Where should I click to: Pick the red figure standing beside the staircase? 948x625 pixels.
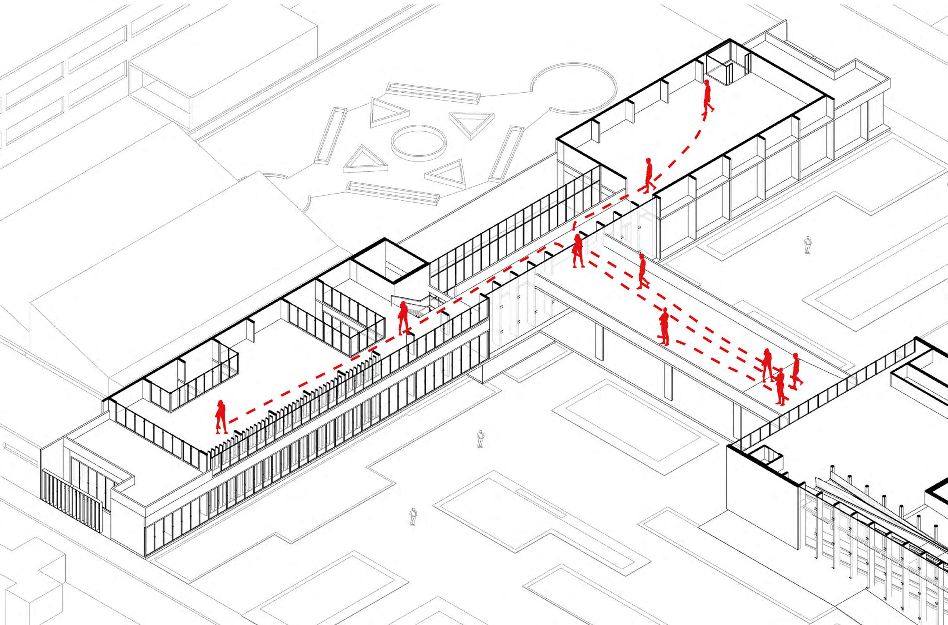coord(403,317)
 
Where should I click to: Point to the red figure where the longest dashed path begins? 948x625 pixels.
coord(221,417)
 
